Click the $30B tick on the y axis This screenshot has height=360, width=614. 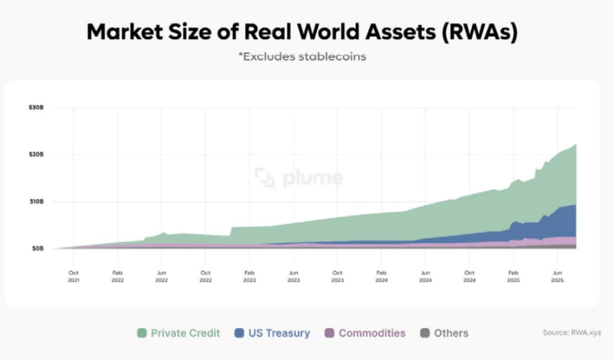(36, 108)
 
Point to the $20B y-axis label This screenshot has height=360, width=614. (36, 154)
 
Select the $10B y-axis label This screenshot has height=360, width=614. (36, 201)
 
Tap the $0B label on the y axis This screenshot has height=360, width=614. (38, 249)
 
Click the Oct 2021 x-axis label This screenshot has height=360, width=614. (74, 276)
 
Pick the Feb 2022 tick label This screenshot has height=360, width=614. (118, 276)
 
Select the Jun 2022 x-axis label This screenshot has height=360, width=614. (162, 276)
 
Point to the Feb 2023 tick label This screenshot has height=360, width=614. (249, 276)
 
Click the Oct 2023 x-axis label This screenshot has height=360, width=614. (337, 276)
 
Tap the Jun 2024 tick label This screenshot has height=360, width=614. (425, 276)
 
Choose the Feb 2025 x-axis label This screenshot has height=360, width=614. (513, 276)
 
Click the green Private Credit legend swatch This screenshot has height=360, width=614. (142, 333)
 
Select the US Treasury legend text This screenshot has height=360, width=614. (279, 333)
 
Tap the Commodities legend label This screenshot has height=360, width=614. (372, 333)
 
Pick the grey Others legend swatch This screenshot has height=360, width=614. (425, 333)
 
